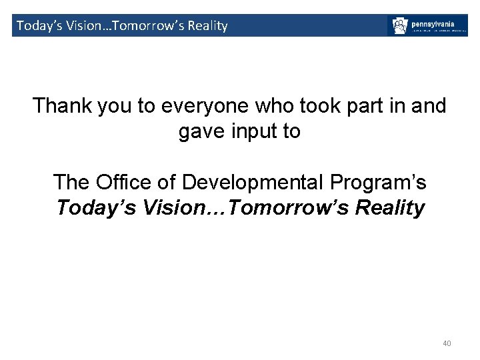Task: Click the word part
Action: click(340, 106)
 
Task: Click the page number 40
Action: click(447, 343)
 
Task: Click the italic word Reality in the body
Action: click(390, 208)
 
